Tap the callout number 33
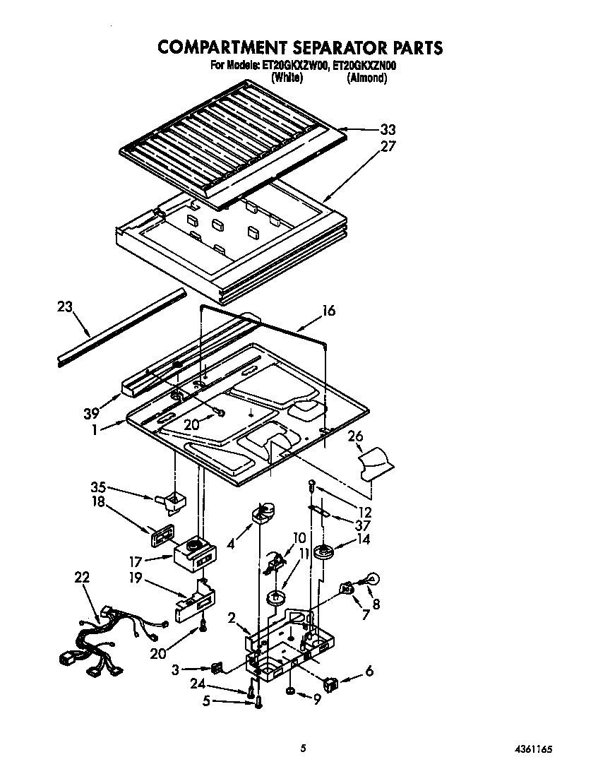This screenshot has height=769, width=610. click(388, 129)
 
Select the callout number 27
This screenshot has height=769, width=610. click(388, 147)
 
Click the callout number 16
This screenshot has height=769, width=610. click(328, 311)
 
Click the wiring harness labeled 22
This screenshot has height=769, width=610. click(106, 638)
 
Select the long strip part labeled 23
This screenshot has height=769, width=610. click(120, 328)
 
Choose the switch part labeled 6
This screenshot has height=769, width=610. click(330, 683)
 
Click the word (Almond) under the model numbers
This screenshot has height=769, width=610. click(366, 79)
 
